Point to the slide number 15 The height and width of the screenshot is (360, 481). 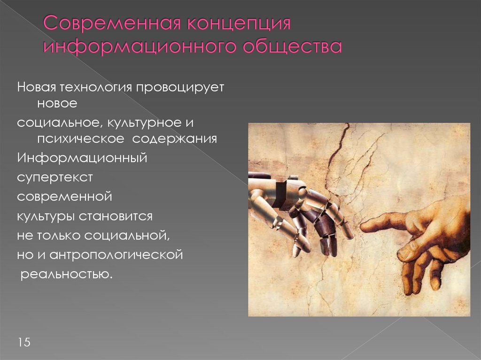click(24, 342)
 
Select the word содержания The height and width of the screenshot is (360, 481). click(174, 139)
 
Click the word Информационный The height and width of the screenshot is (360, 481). click(82, 158)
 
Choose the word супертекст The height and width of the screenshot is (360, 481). click(55, 178)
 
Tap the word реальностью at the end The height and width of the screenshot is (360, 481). click(66, 274)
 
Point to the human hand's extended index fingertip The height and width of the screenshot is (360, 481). click(364, 228)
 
